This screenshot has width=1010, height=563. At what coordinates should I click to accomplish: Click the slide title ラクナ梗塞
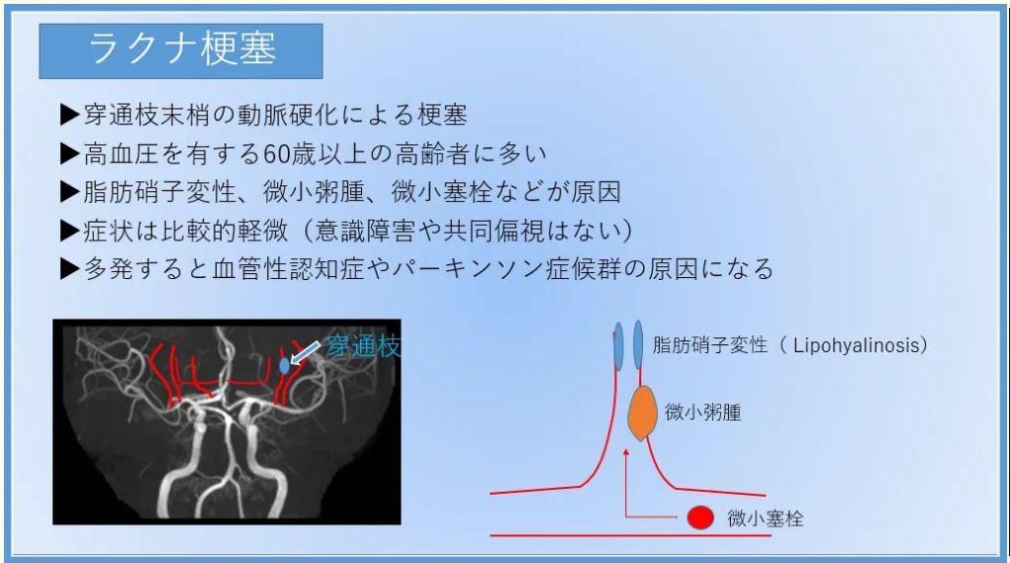click(182, 49)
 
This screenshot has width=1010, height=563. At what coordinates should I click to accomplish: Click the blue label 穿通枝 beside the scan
click(363, 346)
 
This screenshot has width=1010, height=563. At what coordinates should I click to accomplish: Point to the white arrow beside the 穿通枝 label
click(305, 353)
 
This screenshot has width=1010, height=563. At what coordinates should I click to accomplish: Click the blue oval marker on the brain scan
click(285, 366)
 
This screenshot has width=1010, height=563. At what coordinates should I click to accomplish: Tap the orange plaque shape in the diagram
click(642, 413)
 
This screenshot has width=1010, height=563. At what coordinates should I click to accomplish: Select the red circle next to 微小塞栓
click(700, 518)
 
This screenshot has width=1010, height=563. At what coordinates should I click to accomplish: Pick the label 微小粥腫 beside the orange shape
click(702, 412)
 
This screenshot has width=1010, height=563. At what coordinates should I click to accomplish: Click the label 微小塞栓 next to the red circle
click(765, 519)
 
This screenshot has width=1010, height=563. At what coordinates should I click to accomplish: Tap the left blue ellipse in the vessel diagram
click(618, 346)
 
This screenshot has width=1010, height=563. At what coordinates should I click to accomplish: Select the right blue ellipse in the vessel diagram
click(638, 345)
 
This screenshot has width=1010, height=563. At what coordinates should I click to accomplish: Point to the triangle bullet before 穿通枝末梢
click(69, 114)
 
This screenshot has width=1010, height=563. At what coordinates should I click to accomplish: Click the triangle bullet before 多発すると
click(69, 268)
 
